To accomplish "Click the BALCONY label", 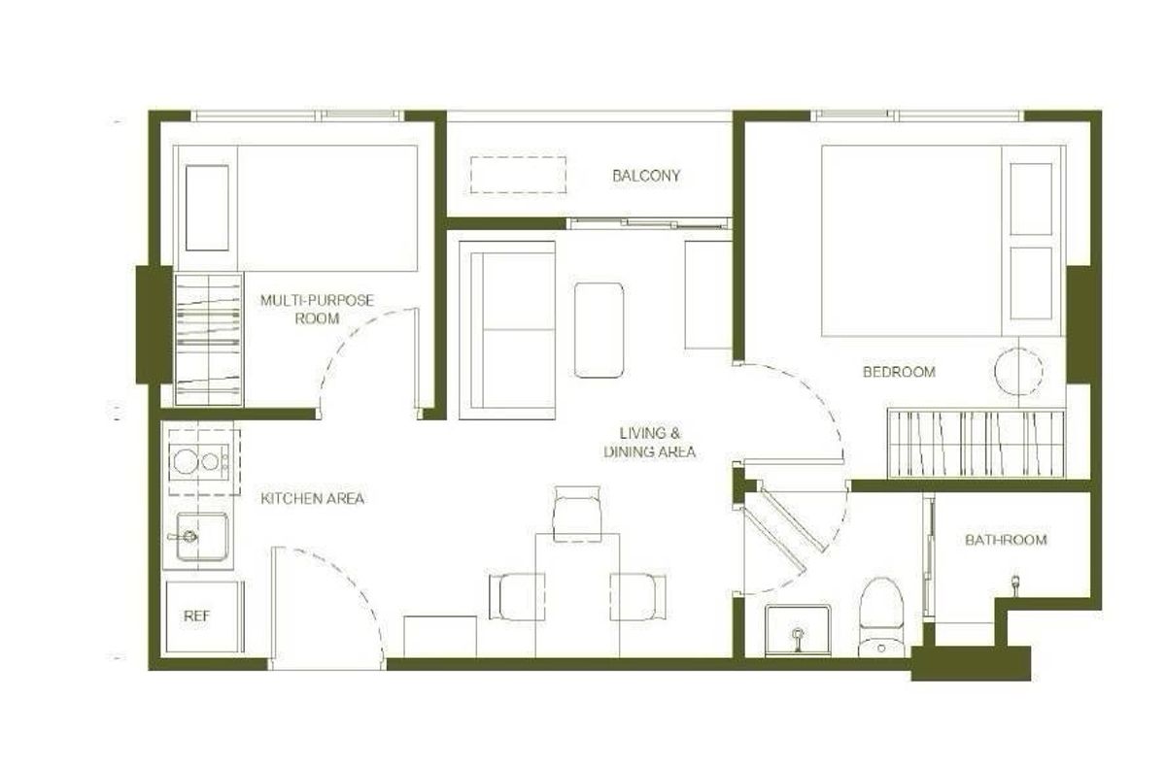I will [646, 176].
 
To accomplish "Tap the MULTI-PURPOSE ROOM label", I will [317, 309].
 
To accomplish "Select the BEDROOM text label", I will [899, 371].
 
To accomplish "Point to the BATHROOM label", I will [1006, 540].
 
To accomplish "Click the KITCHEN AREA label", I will [313, 499].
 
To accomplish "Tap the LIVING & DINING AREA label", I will [649, 442].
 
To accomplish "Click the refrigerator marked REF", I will [201, 616].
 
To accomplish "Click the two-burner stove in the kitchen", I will [200, 460].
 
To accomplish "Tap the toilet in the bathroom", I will [882, 616].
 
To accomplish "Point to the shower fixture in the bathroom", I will [1015, 583].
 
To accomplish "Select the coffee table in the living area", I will [599, 330].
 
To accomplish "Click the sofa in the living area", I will [506, 330].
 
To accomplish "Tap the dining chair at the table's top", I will [576, 513].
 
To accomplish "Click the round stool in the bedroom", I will [1017, 370].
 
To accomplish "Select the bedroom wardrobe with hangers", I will [976, 444].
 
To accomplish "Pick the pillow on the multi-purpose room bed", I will [207, 208].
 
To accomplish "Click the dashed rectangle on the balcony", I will [519, 175].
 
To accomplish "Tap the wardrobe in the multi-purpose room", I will [208, 339].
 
